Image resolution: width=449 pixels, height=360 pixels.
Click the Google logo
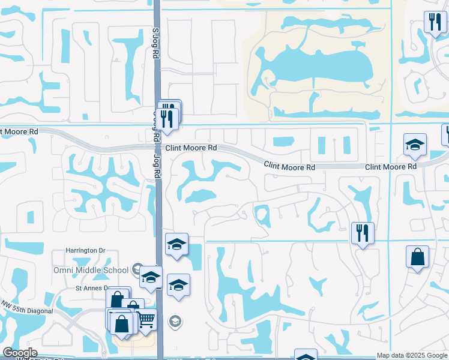click(x=20, y=353)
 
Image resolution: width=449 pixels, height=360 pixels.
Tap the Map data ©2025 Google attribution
click(x=412, y=355)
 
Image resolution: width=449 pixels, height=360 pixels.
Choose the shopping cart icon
click(x=146, y=320)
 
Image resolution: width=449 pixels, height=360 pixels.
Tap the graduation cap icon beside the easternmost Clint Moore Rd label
click(x=415, y=146)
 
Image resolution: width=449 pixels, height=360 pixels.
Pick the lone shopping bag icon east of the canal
click(x=417, y=257)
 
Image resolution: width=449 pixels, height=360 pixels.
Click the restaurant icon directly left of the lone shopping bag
click(x=363, y=233)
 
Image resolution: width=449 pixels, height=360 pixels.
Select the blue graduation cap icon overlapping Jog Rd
click(x=151, y=278)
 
